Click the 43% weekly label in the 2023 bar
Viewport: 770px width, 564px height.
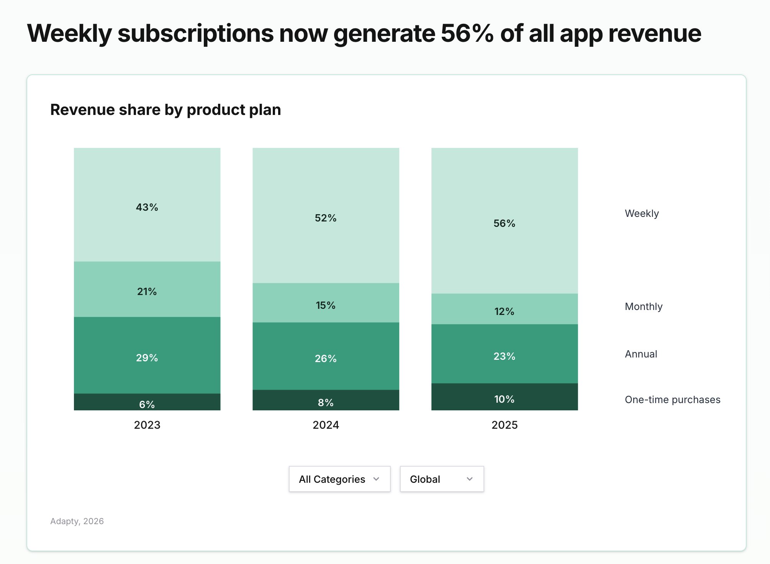[x=147, y=207]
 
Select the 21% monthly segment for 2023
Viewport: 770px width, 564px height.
[x=147, y=292]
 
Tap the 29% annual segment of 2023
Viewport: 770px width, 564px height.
[x=147, y=358]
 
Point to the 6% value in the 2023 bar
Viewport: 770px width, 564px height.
[x=147, y=404]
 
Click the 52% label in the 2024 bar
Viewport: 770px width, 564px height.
[x=326, y=218]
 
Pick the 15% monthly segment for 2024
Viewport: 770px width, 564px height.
[x=326, y=305]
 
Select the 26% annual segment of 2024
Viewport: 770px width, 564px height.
[x=326, y=359]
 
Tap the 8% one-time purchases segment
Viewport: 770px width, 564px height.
[x=326, y=402]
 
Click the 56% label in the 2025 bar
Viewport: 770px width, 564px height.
[x=505, y=223]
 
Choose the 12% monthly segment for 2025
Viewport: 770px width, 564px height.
[x=505, y=311]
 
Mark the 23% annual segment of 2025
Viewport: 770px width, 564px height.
[x=505, y=356]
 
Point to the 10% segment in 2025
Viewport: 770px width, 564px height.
[x=505, y=399]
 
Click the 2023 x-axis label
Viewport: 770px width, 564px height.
[x=147, y=425]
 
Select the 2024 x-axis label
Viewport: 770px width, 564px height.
[x=326, y=425]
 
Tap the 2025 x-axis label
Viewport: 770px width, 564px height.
[x=505, y=425]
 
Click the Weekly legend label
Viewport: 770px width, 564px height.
[x=642, y=213]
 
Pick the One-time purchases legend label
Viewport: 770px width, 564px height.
[x=672, y=400]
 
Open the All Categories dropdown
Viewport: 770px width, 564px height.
[x=339, y=479]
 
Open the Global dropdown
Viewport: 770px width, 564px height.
[x=442, y=479]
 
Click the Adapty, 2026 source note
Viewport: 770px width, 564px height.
[x=77, y=521]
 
